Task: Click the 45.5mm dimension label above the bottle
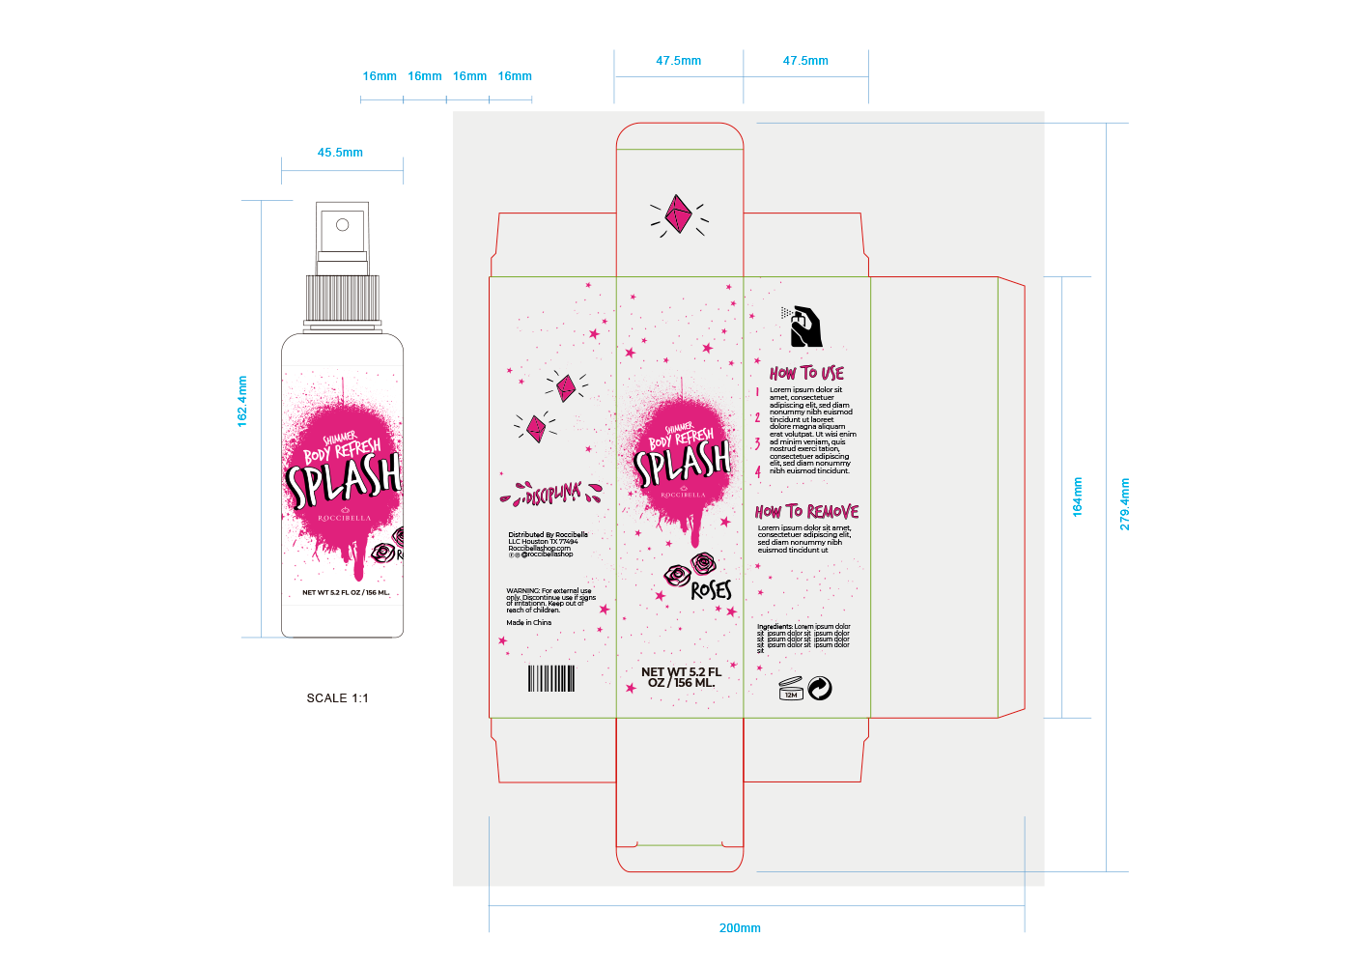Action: tap(340, 153)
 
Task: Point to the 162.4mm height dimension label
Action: tap(242, 401)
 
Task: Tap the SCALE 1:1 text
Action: tap(337, 698)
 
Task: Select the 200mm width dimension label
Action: tap(740, 928)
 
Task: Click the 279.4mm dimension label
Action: tap(1124, 504)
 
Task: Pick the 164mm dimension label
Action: tap(1078, 497)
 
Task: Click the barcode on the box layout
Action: tap(551, 678)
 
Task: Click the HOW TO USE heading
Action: tap(806, 373)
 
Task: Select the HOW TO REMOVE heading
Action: tap(806, 512)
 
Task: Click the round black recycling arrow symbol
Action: tap(820, 688)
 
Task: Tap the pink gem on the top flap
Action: tap(678, 213)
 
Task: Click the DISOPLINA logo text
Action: tap(551, 496)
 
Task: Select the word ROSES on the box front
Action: tap(712, 589)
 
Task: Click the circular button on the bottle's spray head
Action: tap(342, 225)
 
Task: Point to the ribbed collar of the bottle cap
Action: tap(342, 298)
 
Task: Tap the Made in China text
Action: tap(529, 623)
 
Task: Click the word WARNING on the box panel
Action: tap(522, 591)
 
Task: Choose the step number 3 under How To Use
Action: tap(758, 444)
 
